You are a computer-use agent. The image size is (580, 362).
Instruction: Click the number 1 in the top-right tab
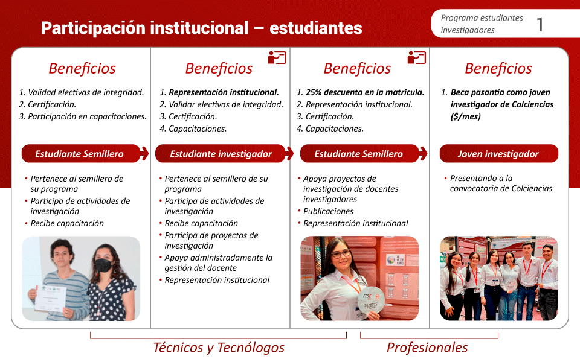[540, 24]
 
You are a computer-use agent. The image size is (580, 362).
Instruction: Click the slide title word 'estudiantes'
[315, 28]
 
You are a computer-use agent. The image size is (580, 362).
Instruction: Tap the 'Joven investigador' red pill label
[498, 154]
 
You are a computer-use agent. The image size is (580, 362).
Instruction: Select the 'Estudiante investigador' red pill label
[221, 154]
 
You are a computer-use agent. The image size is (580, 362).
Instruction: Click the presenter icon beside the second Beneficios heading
[277, 58]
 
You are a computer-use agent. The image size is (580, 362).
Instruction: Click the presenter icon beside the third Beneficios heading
[416, 58]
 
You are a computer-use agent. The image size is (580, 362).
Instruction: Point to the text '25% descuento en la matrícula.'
[365, 92]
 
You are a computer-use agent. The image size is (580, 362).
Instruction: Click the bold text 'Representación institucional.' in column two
[224, 92]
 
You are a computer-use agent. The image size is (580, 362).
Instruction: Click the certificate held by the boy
[51, 298]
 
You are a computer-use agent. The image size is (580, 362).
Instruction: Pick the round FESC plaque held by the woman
[370, 300]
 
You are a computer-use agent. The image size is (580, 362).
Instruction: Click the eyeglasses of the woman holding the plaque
[341, 254]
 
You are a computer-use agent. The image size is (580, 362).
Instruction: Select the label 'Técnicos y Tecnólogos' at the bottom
[219, 348]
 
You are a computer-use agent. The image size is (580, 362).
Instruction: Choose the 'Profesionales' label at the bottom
[427, 348]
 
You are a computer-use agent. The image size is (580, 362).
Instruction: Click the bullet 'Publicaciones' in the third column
[329, 211]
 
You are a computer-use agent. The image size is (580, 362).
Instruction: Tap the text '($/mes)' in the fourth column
[466, 116]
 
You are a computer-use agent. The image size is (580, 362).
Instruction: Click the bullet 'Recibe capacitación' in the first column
[67, 223]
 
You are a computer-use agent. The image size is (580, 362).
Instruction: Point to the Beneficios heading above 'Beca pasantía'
[498, 68]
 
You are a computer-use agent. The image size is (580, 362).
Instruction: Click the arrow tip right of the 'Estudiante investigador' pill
[293, 153]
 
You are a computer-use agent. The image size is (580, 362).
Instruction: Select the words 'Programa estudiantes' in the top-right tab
[482, 17]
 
